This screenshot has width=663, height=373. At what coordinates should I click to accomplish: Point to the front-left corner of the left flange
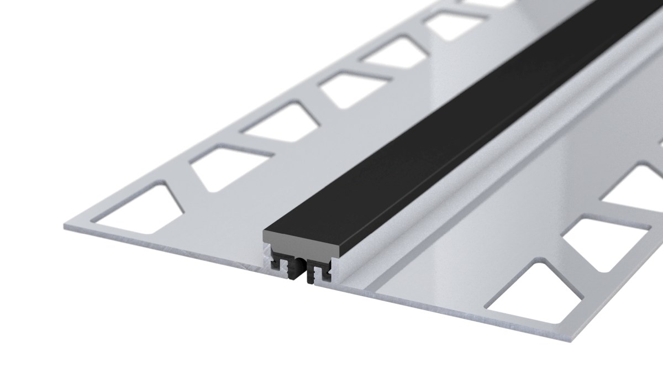point(62,227)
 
